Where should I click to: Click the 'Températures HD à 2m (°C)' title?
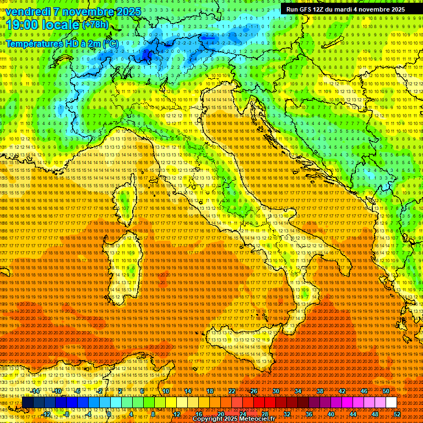[x=62, y=43]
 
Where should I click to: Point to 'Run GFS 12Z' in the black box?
[x=308, y=9]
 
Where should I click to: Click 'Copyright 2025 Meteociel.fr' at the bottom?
[x=237, y=419]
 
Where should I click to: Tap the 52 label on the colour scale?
[x=397, y=414]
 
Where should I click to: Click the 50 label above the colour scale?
[x=386, y=391]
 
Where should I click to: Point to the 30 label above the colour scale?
[x=276, y=391]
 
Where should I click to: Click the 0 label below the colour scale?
[x=110, y=414]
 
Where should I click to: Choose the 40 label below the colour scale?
[x=331, y=414]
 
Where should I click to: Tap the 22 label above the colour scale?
[x=232, y=391]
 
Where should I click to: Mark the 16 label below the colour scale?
[x=199, y=414]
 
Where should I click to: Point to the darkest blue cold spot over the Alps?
[x=147, y=55]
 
